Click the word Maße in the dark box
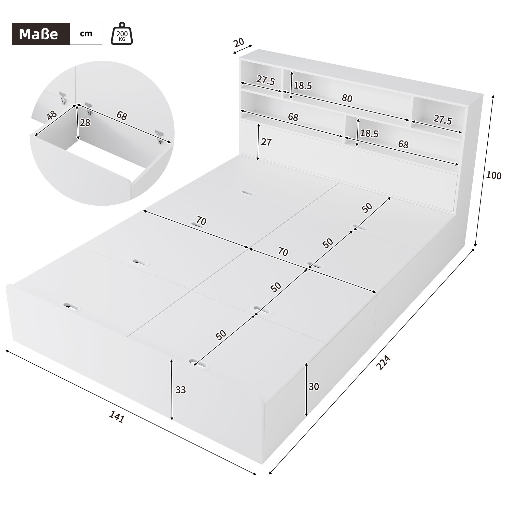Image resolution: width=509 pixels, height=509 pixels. [38, 34]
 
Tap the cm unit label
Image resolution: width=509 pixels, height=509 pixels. [86, 34]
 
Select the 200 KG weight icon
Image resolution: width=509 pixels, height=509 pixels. [122, 34]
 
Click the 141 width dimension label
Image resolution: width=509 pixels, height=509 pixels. [117, 417]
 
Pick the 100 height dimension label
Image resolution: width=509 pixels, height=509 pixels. [494, 175]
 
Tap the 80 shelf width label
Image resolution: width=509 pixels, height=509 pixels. [347, 98]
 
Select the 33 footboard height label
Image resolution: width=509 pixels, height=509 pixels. [181, 390]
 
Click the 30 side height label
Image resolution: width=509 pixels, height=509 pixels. [314, 387]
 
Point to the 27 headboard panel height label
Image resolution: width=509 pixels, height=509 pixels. [266, 142]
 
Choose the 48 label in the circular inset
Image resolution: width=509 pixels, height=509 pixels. [52, 115]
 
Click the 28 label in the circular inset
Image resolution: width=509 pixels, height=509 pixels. [85, 123]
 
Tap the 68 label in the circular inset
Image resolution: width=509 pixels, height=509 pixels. [122, 116]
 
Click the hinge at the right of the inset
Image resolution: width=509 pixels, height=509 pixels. [159, 137]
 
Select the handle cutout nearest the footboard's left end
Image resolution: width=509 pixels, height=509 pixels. [70, 307]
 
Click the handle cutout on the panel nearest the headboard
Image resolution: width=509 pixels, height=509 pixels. [248, 193]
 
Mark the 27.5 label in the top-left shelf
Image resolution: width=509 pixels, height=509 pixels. [265, 80]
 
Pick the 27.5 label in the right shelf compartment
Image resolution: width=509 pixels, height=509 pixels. [443, 120]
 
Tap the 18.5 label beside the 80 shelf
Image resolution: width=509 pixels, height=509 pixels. [303, 86]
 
